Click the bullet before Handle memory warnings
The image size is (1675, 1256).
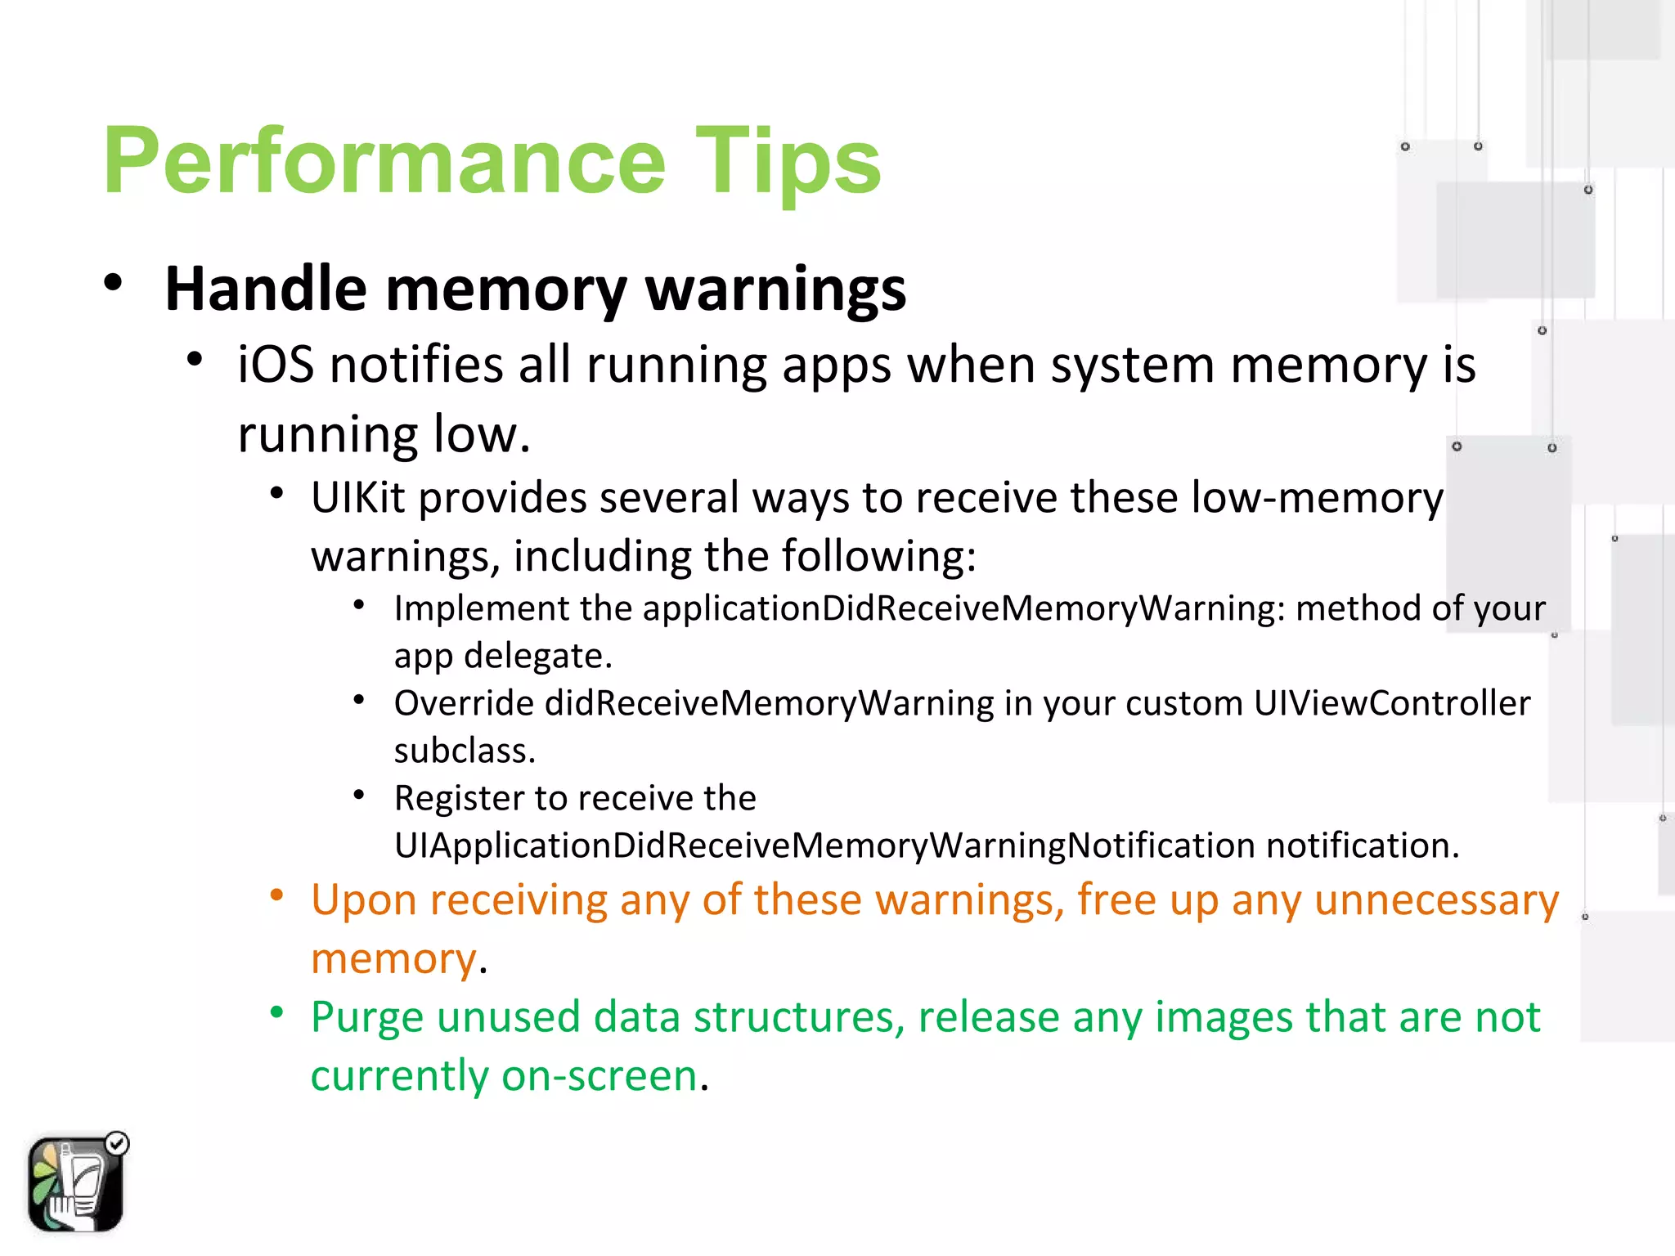[113, 283]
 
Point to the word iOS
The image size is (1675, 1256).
[275, 365]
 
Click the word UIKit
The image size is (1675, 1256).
[357, 498]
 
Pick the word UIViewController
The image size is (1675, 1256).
[1391, 703]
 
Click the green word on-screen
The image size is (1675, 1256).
[600, 1076]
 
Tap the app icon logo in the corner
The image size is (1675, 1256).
[74, 1184]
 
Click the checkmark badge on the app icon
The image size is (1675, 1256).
[118, 1143]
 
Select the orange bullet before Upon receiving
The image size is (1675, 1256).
[277, 895]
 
